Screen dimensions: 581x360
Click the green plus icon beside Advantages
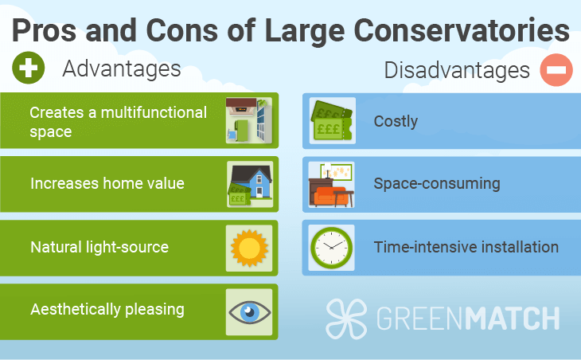point(29,68)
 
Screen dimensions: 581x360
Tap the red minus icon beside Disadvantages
point(556,70)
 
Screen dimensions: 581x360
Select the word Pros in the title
point(44,30)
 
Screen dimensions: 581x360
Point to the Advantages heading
point(122,69)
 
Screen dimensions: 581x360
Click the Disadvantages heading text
point(457,70)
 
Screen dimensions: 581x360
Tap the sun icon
point(249,248)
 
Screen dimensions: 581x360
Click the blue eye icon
point(249,311)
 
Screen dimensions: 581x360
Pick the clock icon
point(331,248)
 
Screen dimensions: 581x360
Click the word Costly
point(396,122)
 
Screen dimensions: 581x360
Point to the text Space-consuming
point(437,184)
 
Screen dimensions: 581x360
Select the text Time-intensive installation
point(466,247)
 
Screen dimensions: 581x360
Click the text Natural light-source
point(99,247)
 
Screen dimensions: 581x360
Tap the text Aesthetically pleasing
point(107,310)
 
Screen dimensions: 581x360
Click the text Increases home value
point(107,183)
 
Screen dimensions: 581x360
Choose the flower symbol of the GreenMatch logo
point(346,319)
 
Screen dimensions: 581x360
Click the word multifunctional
point(154,112)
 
